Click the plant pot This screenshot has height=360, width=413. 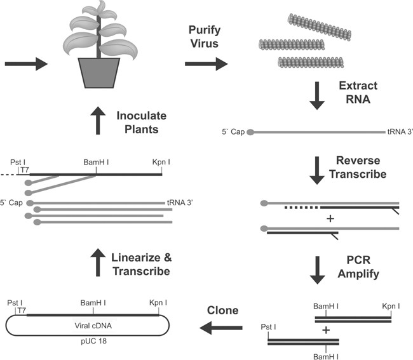pyautogui.click(x=99, y=74)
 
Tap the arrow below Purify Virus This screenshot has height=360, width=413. pyautogui.click(x=206, y=63)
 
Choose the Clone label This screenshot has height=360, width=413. pyautogui.click(x=224, y=311)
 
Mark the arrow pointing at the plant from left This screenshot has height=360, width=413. pyautogui.click(x=25, y=63)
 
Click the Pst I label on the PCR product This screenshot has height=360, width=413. pyautogui.click(x=269, y=328)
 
